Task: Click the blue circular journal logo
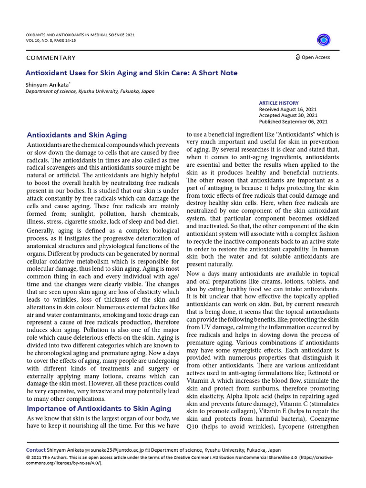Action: pos(323,40)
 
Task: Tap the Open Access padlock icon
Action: pos(298,57)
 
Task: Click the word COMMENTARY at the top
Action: pos(51,58)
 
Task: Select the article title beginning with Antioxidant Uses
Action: pos(132,73)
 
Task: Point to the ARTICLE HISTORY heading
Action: pos(279,103)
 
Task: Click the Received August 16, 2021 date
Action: pos(287,109)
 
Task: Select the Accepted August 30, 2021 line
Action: pos(288,115)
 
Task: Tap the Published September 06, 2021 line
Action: pos(293,122)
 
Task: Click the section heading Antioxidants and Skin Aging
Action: pos(77,135)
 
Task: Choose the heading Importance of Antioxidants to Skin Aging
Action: pos(99,408)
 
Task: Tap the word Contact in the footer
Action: pos(36,450)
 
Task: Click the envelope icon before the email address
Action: pos(88,450)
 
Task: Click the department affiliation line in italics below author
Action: pos(90,91)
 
